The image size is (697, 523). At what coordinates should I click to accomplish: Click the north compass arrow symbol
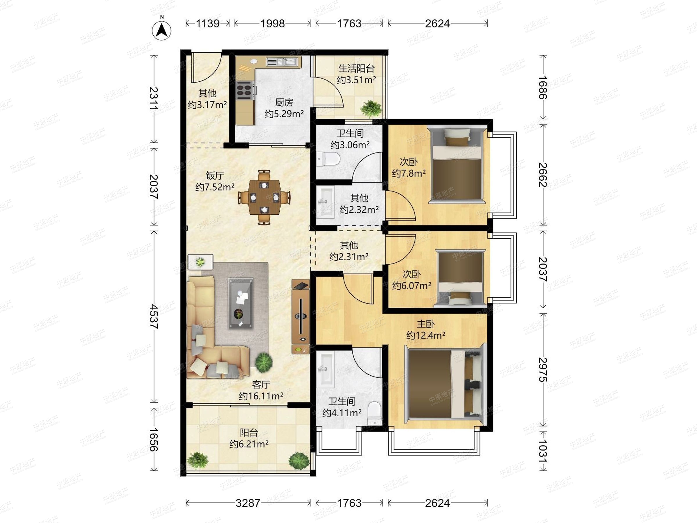(x=162, y=31)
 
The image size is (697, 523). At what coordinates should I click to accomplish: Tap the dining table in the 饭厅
(x=264, y=197)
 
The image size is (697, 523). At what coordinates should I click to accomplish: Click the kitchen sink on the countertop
(x=282, y=62)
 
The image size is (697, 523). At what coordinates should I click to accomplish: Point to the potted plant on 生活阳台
(x=371, y=109)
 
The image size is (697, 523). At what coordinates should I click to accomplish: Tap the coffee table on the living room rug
(x=241, y=303)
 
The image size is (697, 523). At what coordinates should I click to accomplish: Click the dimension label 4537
(x=154, y=316)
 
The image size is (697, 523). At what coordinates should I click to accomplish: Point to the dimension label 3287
(x=248, y=503)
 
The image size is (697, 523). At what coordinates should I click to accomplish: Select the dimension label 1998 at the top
(x=273, y=23)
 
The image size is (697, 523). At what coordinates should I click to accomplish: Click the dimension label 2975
(x=542, y=370)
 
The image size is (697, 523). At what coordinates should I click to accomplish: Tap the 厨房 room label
(x=284, y=103)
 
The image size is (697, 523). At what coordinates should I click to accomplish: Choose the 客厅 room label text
(x=261, y=385)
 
